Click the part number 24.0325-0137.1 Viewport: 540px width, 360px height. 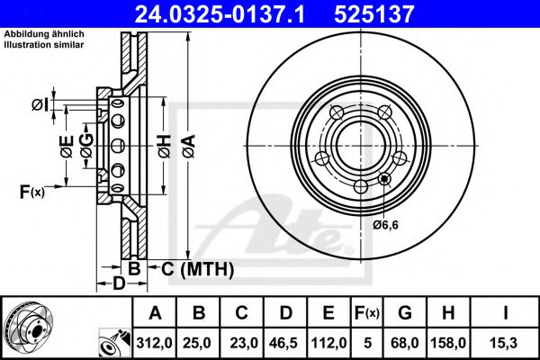point(220,14)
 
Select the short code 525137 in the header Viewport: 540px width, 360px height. point(374,14)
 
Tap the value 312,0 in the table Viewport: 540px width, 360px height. point(154,343)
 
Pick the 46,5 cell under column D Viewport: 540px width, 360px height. point(284,343)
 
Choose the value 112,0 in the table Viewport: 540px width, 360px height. point(328,343)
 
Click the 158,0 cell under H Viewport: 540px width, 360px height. point(448,343)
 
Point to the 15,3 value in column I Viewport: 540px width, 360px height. point(505,343)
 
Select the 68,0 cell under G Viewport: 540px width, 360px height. point(405,343)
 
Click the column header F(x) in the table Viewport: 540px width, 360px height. point(367,313)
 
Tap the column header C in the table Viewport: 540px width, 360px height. point(241,313)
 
